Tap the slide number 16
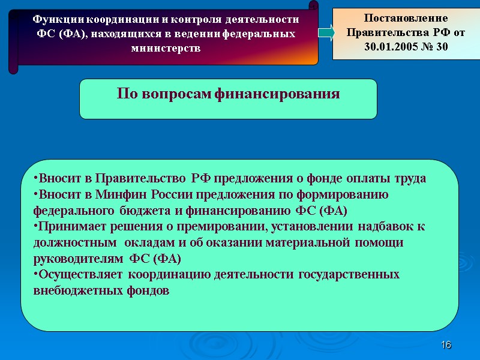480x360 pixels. coord(446,345)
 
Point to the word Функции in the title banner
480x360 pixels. coord(55,19)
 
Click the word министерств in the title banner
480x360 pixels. coord(165,48)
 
